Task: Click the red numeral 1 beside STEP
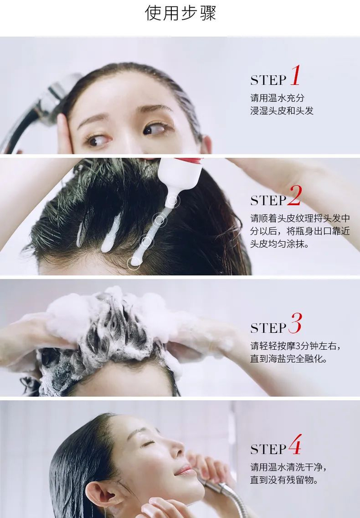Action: [296, 75]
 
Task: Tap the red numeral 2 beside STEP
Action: [295, 195]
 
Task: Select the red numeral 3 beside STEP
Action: [295, 323]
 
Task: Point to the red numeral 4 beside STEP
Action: [295, 444]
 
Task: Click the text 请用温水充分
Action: [277, 98]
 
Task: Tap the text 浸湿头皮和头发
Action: [282, 111]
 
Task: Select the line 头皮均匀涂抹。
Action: [280, 244]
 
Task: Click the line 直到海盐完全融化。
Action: [289, 359]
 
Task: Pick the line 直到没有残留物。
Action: [284, 480]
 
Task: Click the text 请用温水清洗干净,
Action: [289, 467]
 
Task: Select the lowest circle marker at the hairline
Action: [134, 263]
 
